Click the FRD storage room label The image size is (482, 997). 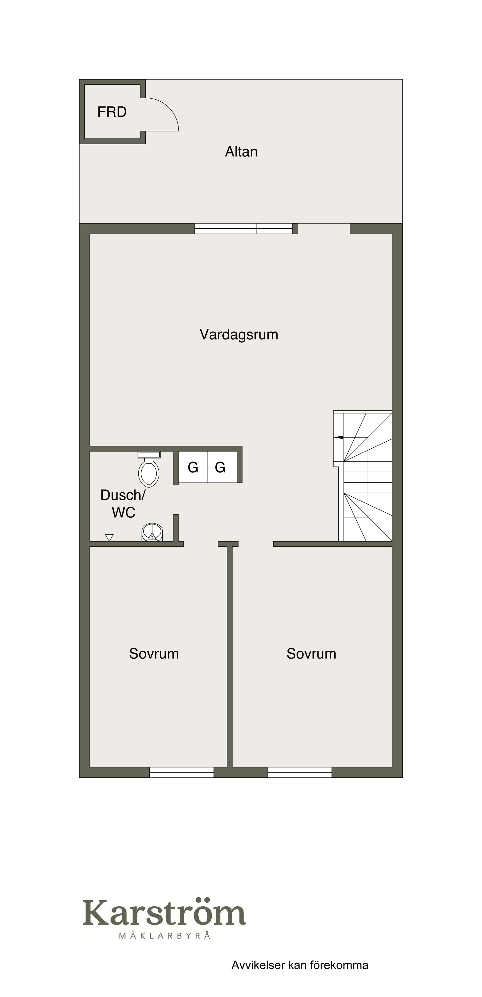tap(112, 112)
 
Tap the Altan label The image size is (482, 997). tap(241, 151)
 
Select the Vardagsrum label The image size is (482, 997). tap(239, 335)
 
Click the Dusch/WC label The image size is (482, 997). tap(123, 504)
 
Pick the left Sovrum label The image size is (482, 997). tap(154, 654)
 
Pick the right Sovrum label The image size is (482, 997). tap(311, 654)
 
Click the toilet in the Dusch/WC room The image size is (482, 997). tap(149, 469)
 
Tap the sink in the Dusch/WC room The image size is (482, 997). tap(152, 532)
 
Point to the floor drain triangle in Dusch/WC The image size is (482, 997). tap(109, 538)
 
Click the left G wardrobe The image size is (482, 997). tap(193, 467)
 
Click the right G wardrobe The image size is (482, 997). tap(222, 467)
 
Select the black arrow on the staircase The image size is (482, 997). tap(338, 437)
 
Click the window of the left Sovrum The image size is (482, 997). tap(182, 772)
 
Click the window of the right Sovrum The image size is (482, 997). tap(300, 772)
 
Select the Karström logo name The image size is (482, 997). tap(164, 912)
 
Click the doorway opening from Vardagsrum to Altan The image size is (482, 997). tap(324, 229)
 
